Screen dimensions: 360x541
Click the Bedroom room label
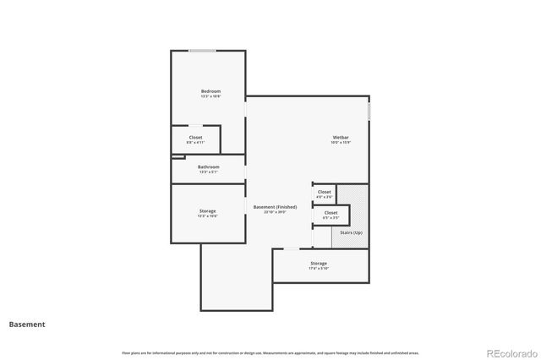pyautogui.click(x=210, y=91)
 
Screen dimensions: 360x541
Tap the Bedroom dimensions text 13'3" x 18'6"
pyautogui.click(x=210, y=96)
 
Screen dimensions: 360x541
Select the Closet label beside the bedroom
pyautogui.click(x=195, y=138)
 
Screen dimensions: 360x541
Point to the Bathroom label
pyautogui.click(x=209, y=166)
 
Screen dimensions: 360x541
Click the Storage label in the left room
pyautogui.click(x=207, y=210)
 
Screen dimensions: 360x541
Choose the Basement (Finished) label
pyautogui.click(x=275, y=207)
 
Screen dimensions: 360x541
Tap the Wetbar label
pyautogui.click(x=341, y=137)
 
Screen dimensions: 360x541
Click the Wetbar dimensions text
pyautogui.click(x=341, y=143)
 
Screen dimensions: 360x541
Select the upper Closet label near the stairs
pyautogui.click(x=325, y=192)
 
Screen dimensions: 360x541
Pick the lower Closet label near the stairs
pyautogui.click(x=331, y=212)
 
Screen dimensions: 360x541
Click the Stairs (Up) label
pyautogui.click(x=351, y=232)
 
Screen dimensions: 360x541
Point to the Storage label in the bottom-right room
pyautogui.click(x=319, y=263)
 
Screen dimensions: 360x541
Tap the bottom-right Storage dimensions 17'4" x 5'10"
pyautogui.click(x=319, y=269)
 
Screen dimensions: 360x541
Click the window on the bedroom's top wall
pyautogui.click(x=201, y=51)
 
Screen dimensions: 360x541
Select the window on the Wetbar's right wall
pyautogui.click(x=369, y=111)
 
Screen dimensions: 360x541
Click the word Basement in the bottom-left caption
pyautogui.click(x=27, y=324)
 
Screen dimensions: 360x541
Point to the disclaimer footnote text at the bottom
pyautogui.click(x=270, y=352)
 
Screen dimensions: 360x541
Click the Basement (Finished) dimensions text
pyautogui.click(x=275, y=212)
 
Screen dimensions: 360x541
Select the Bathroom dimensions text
pyautogui.click(x=209, y=172)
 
